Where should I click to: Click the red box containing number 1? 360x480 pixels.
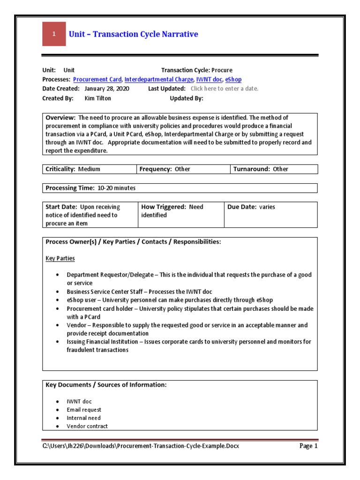54,34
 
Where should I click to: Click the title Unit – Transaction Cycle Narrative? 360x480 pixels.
134,34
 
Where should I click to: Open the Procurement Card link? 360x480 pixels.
97,80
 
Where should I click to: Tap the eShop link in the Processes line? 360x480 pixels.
233,80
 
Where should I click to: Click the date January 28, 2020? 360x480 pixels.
107,89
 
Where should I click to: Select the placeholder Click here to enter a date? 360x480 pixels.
225,89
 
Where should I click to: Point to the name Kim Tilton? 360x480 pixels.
97,98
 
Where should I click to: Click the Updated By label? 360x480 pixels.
186,98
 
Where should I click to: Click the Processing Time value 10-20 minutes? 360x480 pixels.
116,188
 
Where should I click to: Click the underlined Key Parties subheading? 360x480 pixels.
60,258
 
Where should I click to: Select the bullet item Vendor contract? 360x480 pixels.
87,426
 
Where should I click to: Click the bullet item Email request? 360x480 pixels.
84,410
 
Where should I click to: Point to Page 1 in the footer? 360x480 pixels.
308,446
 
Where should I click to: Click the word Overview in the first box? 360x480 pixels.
60,117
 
